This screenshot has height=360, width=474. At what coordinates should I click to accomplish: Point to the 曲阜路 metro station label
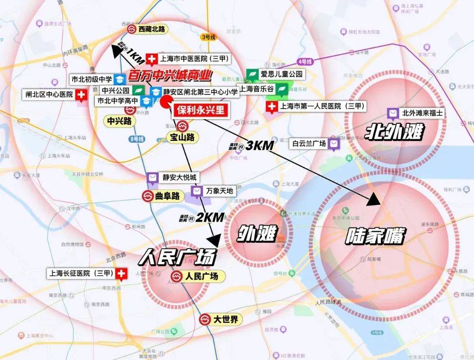click(x=169, y=196)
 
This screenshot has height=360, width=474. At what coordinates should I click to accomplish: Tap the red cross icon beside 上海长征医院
click(x=122, y=274)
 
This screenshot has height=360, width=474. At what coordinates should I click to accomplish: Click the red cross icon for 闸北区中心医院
click(x=82, y=94)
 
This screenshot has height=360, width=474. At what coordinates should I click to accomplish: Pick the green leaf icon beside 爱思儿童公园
click(x=252, y=74)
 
